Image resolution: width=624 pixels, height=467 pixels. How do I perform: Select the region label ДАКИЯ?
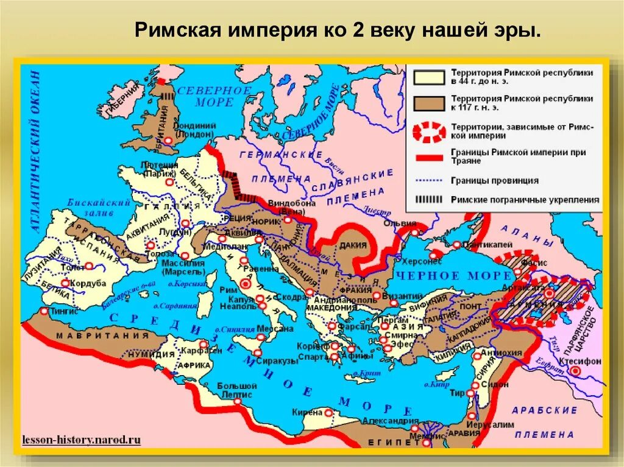tap(354, 245)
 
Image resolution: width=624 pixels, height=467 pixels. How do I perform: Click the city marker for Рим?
tap(246, 283)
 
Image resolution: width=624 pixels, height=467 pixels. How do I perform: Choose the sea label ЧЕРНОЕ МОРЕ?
tap(444, 276)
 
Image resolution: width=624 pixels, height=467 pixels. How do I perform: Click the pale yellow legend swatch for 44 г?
tap(428, 77)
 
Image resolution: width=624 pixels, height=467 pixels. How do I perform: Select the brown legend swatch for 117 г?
tap(428, 102)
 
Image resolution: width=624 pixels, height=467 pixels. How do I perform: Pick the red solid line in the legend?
tap(428, 157)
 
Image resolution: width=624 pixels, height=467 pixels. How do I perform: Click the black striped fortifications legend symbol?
tap(428, 199)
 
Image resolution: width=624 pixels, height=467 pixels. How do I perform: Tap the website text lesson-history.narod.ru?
tap(81, 438)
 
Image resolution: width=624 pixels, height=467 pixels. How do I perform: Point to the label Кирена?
tap(307, 412)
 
